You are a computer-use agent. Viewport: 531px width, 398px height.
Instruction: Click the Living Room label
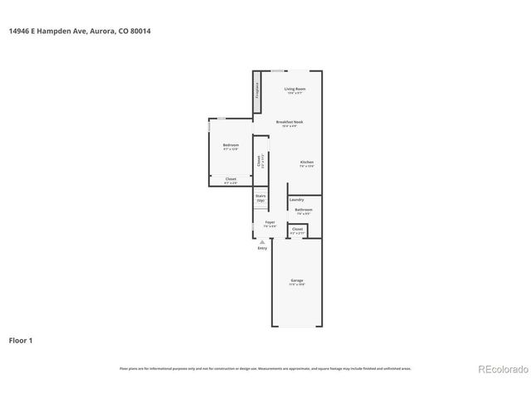(295, 89)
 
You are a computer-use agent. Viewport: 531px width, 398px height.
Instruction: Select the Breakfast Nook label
(291, 122)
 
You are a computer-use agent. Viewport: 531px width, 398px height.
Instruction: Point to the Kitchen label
(306, 162)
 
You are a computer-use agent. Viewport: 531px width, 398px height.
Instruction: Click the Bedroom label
(230, 145)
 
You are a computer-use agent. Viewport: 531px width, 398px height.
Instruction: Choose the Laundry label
(296, 200)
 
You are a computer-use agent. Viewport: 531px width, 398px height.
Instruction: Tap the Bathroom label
(304, 211)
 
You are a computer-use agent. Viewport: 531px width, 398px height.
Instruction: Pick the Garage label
(296, 281)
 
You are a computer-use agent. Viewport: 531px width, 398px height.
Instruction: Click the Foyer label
(270, 223)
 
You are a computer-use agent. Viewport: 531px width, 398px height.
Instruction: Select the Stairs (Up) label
(260, 198)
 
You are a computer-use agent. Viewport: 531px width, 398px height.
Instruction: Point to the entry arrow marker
(262, 241)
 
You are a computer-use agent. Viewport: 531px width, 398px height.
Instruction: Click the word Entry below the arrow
(262, 248)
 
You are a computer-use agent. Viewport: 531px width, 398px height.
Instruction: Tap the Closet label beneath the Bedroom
(230, 179)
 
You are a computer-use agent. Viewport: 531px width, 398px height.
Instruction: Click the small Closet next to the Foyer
(297, 229)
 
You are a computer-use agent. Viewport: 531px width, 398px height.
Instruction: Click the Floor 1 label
(21, 340)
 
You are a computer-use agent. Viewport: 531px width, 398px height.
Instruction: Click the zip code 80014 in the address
(139, 32)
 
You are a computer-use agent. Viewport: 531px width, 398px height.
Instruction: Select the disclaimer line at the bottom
(265, 368)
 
